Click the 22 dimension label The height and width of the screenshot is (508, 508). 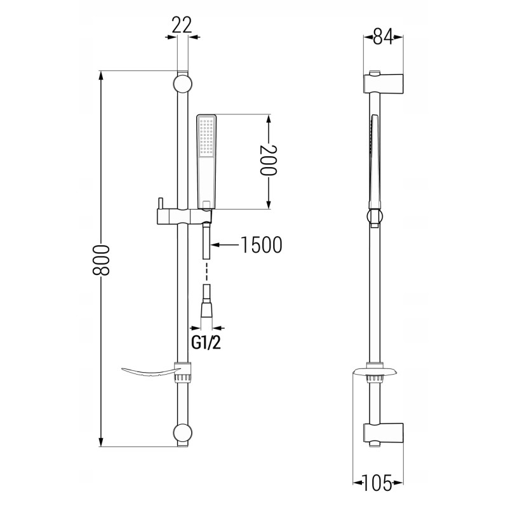[182, 25]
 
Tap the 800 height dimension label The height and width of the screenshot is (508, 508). [101, 260]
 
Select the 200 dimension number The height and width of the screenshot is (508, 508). [269, 160]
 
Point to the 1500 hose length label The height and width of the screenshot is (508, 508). [261, 245]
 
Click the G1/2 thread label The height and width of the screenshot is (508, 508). [206, 342]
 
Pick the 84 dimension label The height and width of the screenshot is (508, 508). [383, 36]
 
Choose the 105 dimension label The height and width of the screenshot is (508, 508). [377, 483]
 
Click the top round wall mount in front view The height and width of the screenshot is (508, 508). [183, 84]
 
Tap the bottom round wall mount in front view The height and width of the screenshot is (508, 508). [183, 432]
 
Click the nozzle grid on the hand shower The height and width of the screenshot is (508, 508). [207, 137]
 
